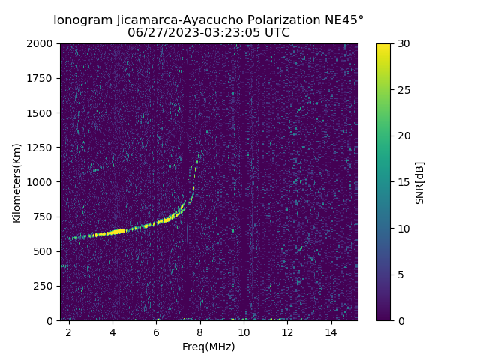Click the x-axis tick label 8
[x=200, y=331]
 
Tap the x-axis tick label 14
[x=331, y=331]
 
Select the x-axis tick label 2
[x=69, y=331]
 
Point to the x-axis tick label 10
[x=244, y=331]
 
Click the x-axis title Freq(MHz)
[x=208, y=346]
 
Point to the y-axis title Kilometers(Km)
[x=16, y=182]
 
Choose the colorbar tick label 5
[x=399, y=274]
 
